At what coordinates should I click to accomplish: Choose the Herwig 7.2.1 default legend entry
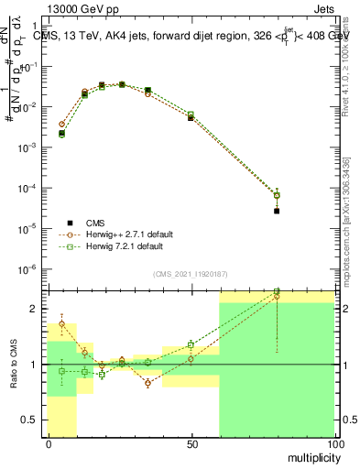pyautogui.click(x=123, y=246)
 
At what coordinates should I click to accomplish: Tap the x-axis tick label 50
pyautogui.click(x=191, y=443)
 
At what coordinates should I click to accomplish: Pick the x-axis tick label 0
pyautogui.click(x=48, y=443)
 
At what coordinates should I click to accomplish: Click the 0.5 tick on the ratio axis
pyautogui.click(x=35, y=420)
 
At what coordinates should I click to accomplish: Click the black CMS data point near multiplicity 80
pyautogui.click(x=277, y=211)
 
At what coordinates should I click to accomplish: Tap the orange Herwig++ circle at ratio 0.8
pyautogui.click(x=147, y=384)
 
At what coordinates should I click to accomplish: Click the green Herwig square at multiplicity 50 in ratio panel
pyautogui.click(x=191, y=344)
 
